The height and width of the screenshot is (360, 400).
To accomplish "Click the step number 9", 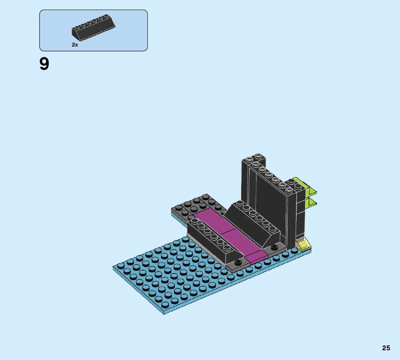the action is [44, 64].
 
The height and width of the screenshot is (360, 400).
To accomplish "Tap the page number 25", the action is [386, 348].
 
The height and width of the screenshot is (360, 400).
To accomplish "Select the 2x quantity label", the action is [75, 44].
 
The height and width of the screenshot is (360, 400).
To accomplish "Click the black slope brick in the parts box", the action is [93, 28].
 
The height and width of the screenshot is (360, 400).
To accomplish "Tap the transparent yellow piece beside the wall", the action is [303, 243].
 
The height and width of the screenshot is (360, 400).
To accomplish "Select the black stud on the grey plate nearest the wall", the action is [274, 246].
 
